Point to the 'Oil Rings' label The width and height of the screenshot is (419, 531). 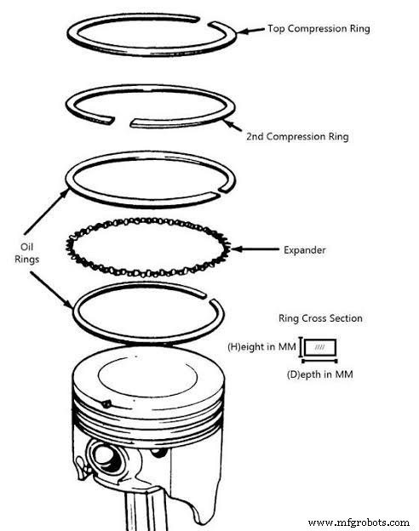[27, 254]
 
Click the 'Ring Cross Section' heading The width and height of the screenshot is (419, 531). [320, 318]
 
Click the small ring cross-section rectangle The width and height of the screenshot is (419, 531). [320, 348]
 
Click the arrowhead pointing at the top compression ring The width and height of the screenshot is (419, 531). [239, 31]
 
